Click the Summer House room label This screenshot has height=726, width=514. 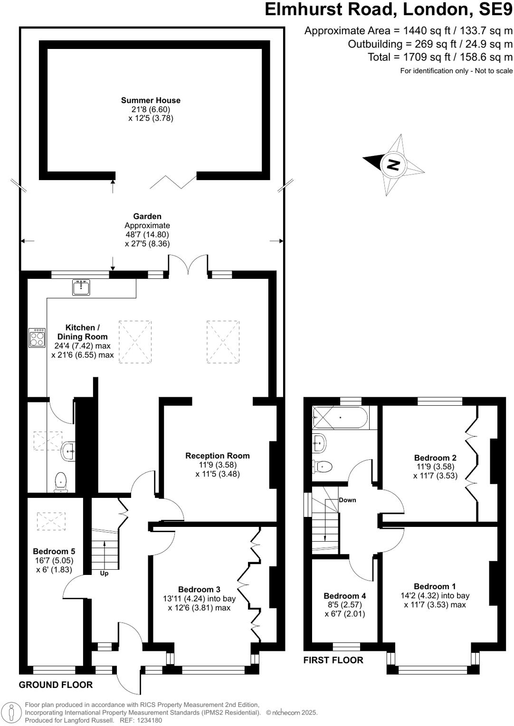pyautogui.click(x=151, y=100)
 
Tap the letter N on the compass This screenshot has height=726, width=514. pyautogui.click(x=393, y=165)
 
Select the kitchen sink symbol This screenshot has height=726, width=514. pyautogui.click(x=81, y=287)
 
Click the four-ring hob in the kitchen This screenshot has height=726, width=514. pyautogui.click(x=37, y=338)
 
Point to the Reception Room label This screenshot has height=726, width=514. pyautogui.click(x=217, y=456)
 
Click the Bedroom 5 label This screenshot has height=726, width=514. pyautogui.click(x=54, y=551)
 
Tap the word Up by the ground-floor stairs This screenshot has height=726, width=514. pyautogui.click(x=104, y=573)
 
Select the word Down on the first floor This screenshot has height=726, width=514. pyautogui.click(x=347, y=500)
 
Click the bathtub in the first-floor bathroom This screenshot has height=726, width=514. pyautogui.click(x=340, y=418)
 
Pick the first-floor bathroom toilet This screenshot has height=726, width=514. pyautogui.click(x=321, y=467)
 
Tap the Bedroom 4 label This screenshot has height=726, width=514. pyautogui.click(x=344, y=596)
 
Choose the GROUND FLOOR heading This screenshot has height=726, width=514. pyautogui.click(x=56, y=685)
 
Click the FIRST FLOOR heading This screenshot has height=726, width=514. pyautogui.click(x=333, y=660)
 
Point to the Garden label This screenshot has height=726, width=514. pyautogui.click(x=147, y=216)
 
